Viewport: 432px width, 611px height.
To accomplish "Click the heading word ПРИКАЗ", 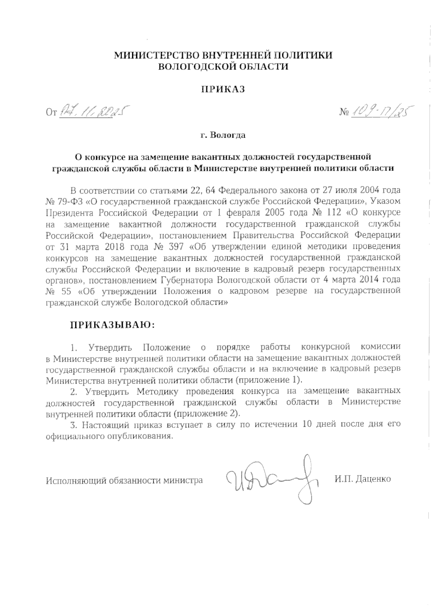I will pyautogui.click(x=223, y=89).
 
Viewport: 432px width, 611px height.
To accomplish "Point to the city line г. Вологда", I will pyautogui.click(x=223, y=136).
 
